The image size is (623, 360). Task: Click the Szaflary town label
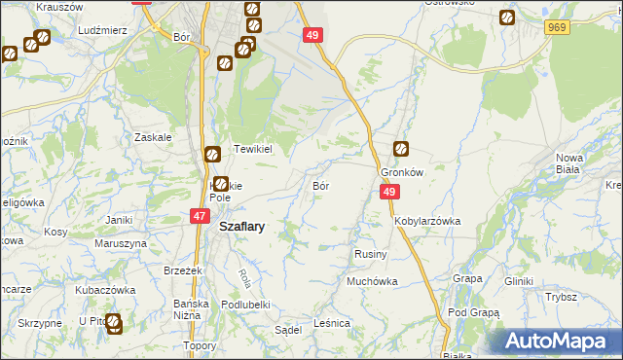pos(242,226)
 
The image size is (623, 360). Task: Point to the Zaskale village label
pos(154,137)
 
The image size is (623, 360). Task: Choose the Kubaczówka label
pos(104,290)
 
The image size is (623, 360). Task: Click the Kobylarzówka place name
pos(427,221)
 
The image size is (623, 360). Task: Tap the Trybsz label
pos(562,297)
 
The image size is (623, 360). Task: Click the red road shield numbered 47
pos(200,217)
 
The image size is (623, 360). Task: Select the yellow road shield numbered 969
pos(556,28)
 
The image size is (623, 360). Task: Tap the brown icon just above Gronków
pos(401,150)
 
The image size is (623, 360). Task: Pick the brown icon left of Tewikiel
pos(212,153)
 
